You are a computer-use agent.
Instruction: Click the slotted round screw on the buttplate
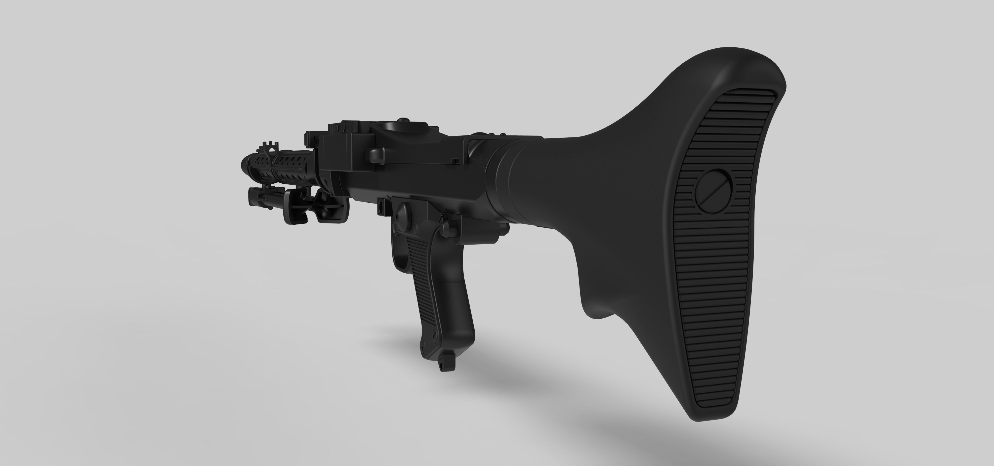point(713,191)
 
